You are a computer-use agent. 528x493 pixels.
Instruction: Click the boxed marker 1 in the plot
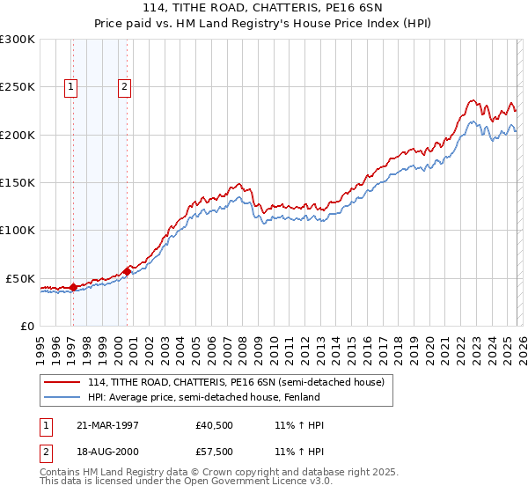click(x=70, y=86)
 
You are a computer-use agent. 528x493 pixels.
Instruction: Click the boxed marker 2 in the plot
click(x=124, y=86)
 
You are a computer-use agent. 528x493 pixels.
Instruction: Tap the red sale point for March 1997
click(x=73, y=286)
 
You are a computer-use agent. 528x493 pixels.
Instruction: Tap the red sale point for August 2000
click(x=127, y=271)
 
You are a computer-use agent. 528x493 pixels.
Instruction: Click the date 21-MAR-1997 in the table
click(x=108, y=425)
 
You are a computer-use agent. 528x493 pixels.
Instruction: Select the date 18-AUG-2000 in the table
click(x=108, y=452)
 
